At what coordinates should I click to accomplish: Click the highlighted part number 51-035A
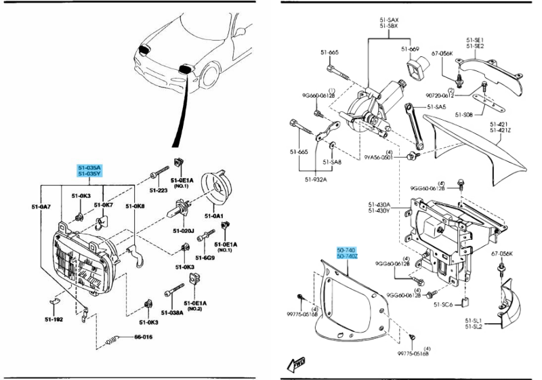tap(88, 167)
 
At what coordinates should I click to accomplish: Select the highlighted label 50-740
tap(346, 251)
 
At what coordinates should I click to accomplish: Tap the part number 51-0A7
tap(41, 206)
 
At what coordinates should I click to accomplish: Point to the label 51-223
tap(159, 191)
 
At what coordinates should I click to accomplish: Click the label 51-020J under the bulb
tap(185, 232)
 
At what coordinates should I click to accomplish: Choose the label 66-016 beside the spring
tap(144, 337)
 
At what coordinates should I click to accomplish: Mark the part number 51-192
tap(54, 319)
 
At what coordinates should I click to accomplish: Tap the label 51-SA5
tap(437, 107)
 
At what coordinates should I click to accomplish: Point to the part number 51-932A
tap(316, 180)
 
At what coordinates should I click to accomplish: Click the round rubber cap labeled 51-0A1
tap(218, 189)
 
